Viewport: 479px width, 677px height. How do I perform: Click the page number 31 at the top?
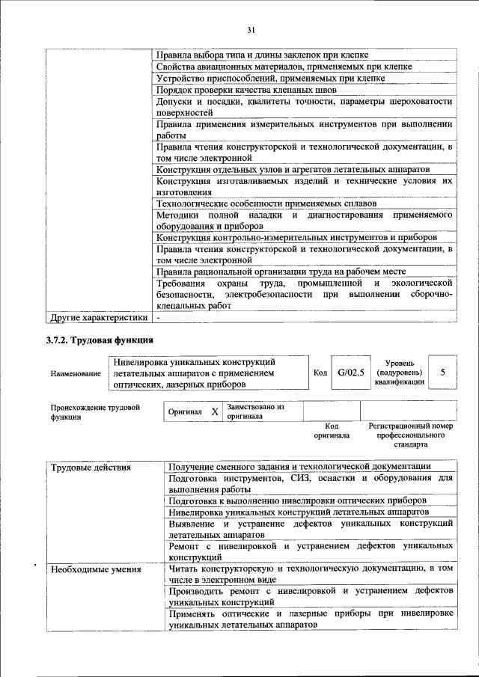250,29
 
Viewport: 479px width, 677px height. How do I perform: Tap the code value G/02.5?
350,371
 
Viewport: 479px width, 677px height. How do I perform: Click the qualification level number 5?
443,371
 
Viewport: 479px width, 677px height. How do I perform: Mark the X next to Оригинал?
215,411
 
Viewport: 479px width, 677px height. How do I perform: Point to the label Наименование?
76,373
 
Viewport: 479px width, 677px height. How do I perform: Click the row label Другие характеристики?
97,317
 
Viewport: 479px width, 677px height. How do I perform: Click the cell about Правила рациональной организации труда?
281,272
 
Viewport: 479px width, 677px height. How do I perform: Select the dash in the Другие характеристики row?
158,317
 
